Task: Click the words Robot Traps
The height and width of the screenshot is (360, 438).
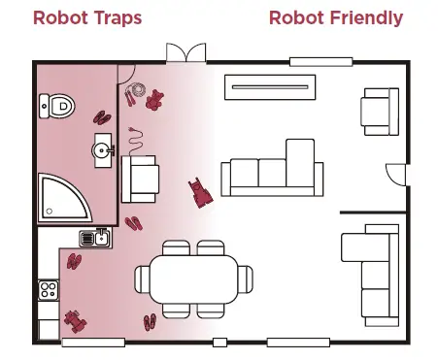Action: click(x=87, y=17)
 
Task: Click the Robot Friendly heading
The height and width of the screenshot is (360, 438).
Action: click(x=335, y=17)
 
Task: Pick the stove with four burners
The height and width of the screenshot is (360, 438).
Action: click(x=48, y=289)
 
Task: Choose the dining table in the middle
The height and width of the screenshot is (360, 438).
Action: click(x=193, y=278)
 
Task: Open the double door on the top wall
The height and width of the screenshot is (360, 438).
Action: click(x=185, y=53)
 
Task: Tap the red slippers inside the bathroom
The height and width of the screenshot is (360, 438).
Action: click(x=102, y=115)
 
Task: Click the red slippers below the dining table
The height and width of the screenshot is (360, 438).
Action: click(x=150, y=322)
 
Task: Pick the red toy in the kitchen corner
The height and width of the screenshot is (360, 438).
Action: click(x=75, y=319)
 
